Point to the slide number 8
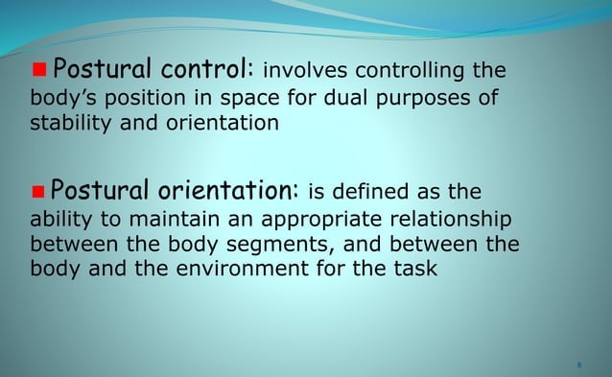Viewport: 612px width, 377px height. coord(580,365)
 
